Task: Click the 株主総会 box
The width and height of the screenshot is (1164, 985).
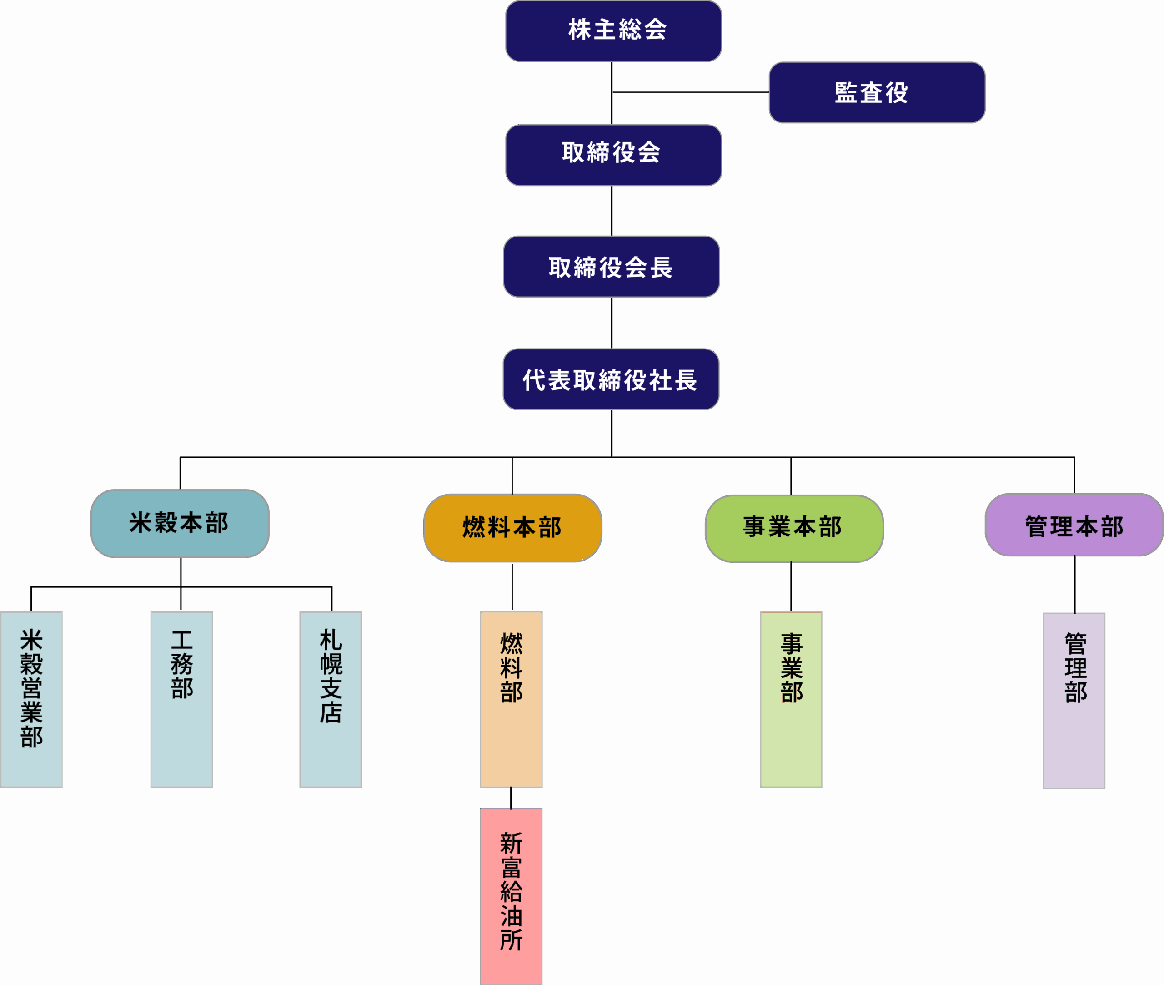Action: point(613,31)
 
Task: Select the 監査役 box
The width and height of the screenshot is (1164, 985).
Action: point(877,92)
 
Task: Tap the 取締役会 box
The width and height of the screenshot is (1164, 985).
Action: point(613,155)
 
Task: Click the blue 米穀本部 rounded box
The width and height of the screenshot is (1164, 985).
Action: point(180,523)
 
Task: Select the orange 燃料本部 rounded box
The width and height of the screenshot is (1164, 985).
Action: point(512,528)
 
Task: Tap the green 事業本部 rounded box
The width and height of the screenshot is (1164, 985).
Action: point(793,528)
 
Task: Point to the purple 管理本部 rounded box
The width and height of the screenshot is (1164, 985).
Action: point(1074,525)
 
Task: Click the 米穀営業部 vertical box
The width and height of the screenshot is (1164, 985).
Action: point(31,699)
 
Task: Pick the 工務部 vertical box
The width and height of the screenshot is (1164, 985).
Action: point(181,699)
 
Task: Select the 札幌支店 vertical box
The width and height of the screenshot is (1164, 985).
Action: point(331,699)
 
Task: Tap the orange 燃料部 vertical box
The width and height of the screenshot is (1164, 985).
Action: point(511,699)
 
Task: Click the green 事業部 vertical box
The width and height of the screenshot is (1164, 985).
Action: point(791,699)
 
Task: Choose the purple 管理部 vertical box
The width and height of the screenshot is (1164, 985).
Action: point(1074,700)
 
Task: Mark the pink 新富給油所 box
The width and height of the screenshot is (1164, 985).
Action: point(511,896)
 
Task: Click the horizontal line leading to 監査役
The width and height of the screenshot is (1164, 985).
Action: point(690,92)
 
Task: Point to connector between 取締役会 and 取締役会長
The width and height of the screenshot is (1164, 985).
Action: point(612,211)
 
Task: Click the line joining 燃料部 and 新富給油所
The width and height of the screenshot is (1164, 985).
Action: point(511,798)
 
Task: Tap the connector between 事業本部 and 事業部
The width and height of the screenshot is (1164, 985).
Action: point(791,586)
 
